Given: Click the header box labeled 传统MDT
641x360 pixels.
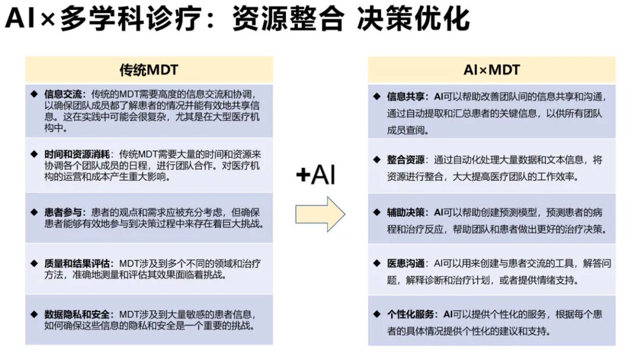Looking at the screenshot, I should coord(149,69).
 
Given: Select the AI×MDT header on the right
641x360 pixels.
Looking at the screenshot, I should coord(491,69).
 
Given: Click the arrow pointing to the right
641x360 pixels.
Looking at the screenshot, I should coord(320,214).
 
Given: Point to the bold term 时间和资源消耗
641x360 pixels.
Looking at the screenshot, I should coord(79,154).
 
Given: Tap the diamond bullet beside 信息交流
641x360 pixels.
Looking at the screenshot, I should coord(34,94).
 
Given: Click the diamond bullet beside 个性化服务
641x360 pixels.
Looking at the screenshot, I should coord(376,314).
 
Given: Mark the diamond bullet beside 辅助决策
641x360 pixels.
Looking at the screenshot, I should coord(376,212).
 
